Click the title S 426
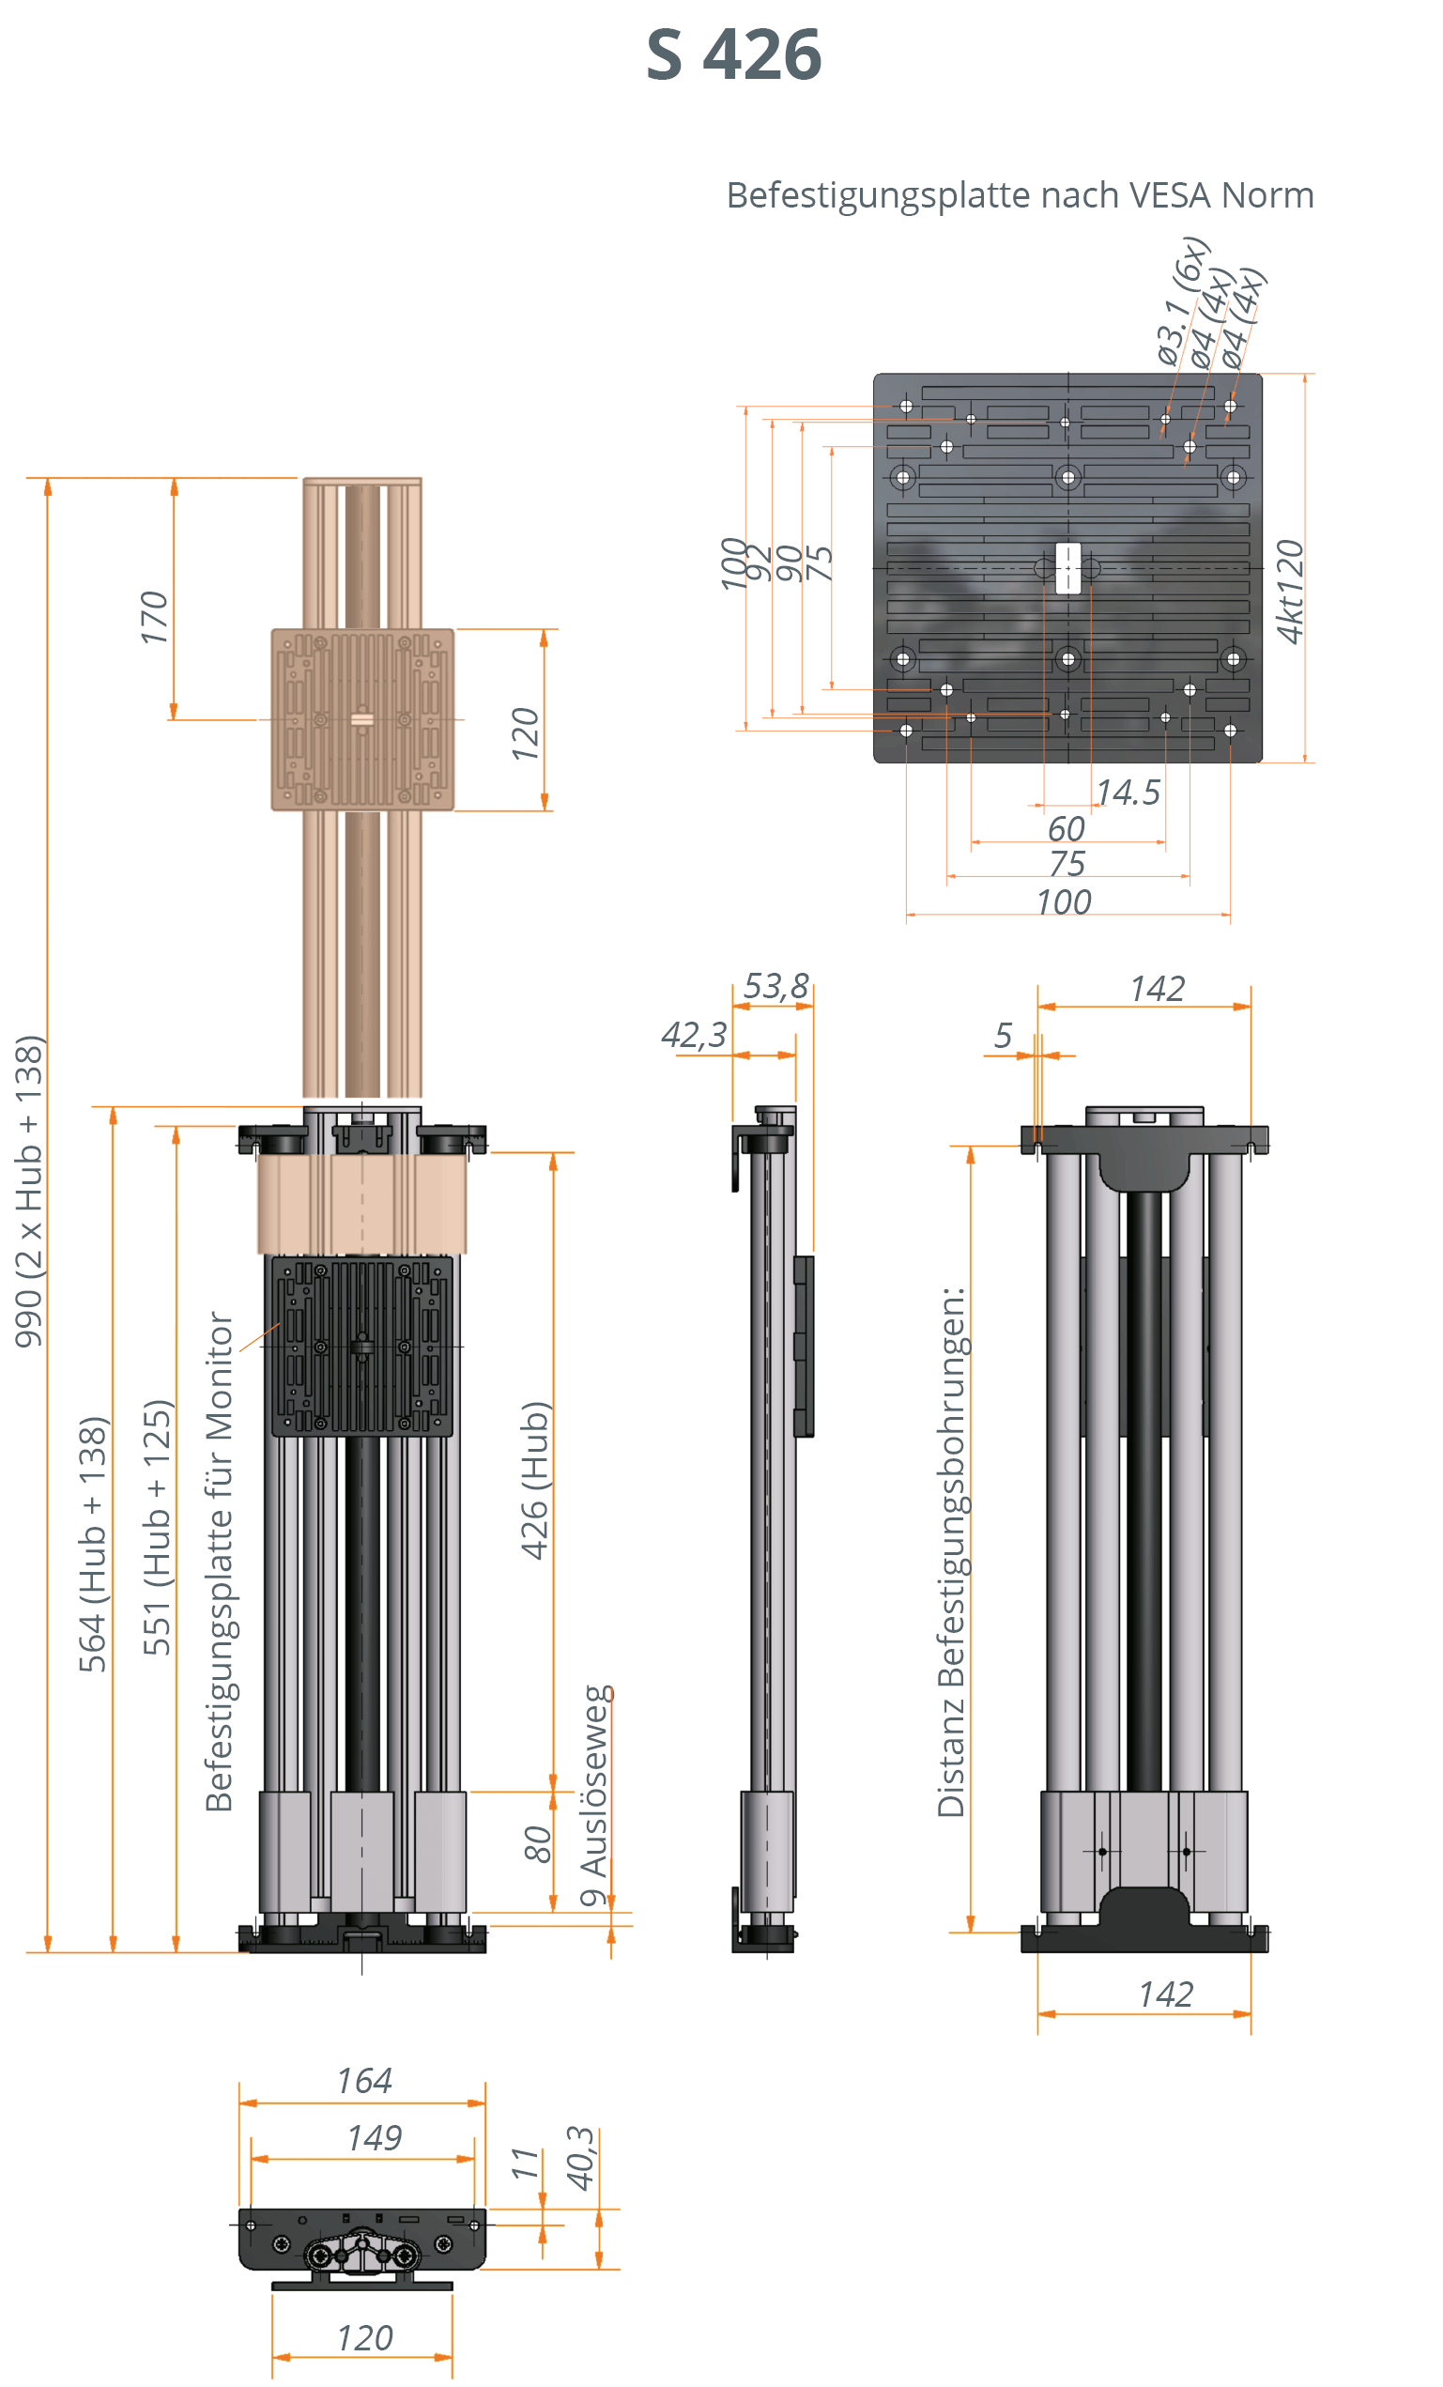tap(733, 55)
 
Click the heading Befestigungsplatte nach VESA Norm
tap(1019, 194)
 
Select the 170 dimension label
tap(154, 617)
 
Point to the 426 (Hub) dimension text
tap(534, 1480)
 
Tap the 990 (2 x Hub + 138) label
tap(29, 1191)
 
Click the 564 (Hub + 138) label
tap(93, 1544)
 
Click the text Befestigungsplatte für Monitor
tap(220, 1561)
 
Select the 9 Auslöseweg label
tap(593, 1795)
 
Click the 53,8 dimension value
tap(775, 986)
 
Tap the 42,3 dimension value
tap(694, 1035)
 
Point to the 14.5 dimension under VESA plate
tap(1128, 793)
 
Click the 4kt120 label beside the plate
tap(1289, 591)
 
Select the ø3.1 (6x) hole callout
tap(1181, 300)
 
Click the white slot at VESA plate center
tap(1067, 568)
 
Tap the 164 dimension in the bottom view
tap(364, 2081)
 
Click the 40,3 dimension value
tap(580, 2159)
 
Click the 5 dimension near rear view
tap(1003, 1036)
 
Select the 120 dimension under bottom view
tap(364, 2337)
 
